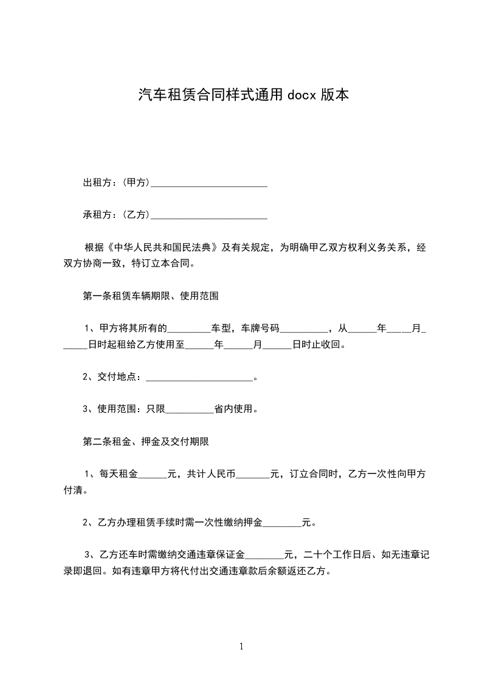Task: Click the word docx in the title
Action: tap(302, 95)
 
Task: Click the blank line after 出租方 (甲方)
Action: tap(209, 182)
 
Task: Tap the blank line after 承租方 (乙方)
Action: tap(209, 214)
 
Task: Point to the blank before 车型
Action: tap(188, 329)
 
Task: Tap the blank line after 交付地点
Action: tap(199, 378)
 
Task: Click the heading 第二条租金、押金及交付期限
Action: tap(146, 442)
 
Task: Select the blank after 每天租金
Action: tap(153, 475)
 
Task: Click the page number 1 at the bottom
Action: tap(241, 646)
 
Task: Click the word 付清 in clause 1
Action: tap(74, 490)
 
